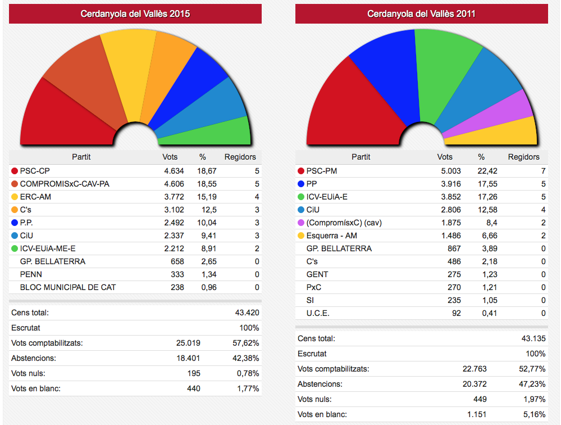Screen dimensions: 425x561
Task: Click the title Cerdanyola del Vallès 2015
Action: click(x=135, y=13)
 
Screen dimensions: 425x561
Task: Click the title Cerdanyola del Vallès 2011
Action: click(x=421, y=13)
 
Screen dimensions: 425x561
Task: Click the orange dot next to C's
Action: click(x=14, y=210)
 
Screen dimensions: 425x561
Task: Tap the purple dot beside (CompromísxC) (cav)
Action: click(x=300, y=223)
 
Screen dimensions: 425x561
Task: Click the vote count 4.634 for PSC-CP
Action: click(x=174, y=170)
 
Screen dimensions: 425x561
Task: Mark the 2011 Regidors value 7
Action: click(x=542, y=171)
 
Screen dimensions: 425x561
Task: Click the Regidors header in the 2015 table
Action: click(x=240, y=157)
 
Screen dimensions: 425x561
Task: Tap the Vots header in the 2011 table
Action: click(x=445, y=157)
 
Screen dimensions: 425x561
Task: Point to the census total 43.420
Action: click(x=247, y=313)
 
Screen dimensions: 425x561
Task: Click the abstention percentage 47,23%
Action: click(x=533, y=385)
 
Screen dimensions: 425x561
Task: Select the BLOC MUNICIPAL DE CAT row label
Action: click(x=68, y=287)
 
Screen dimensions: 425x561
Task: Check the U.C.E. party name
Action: click(x=318, y=313)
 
